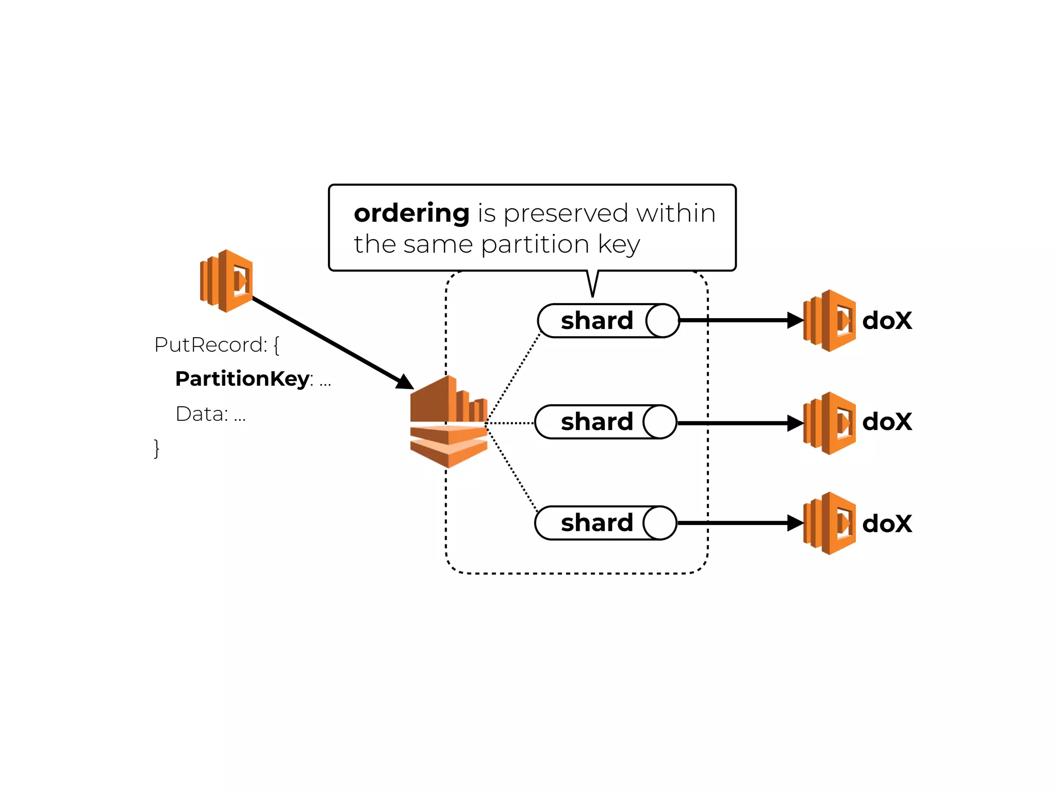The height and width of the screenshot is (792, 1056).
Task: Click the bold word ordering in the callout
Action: [x=411, y=213]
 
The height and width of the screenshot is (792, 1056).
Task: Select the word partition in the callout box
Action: [x=535, y=244]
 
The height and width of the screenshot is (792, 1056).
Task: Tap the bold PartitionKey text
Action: [x=242, y=379]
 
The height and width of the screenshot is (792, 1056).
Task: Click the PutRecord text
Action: [x=210, y=345]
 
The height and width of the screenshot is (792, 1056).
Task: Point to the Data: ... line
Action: [x=210, y=414]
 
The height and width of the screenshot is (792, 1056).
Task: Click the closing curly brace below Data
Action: [x=157, y=448]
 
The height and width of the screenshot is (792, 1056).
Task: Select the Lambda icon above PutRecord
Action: [x=226, y=281]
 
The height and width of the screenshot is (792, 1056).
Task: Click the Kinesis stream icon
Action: [x=448, y=422]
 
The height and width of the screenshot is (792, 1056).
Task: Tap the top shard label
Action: [x=597, y=321]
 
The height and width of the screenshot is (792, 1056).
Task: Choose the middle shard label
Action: [x=597, y=422]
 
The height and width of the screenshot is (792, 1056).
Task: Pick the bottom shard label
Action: [x=597, y=523]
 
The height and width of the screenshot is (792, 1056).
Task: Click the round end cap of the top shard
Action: [x=662, y=321]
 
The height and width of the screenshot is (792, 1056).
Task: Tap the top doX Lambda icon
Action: [x=829, y=321]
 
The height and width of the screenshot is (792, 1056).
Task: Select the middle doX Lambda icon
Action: [x=829, y=423]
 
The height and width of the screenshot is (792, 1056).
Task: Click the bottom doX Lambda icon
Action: [x=829, y=523]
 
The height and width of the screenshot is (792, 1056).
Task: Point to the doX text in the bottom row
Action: [x=887, y=524]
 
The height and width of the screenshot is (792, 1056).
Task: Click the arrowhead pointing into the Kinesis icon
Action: [x=405, y=382]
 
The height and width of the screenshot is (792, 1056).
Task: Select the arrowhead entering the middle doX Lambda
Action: [x=795, y=423]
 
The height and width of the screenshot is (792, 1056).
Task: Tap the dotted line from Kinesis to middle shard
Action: [x=510, y=423]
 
